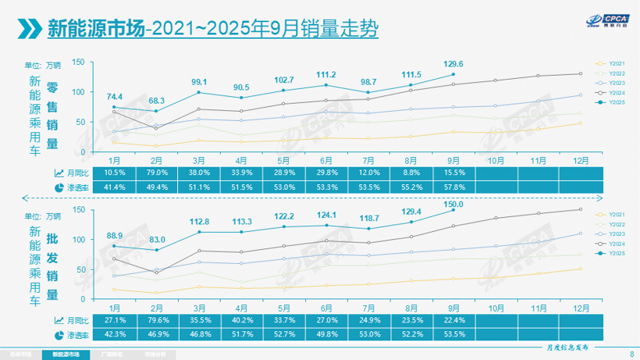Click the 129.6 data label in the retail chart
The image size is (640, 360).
coord(453,64)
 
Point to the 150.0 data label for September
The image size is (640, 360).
coord(453,204)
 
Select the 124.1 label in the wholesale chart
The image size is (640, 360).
coord(326,215)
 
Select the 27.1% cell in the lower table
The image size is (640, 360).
coord(115,320)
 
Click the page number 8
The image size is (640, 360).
coord(630,353)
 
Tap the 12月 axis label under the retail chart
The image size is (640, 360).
coord(580,159)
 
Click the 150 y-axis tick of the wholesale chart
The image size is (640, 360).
coord(78,210)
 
